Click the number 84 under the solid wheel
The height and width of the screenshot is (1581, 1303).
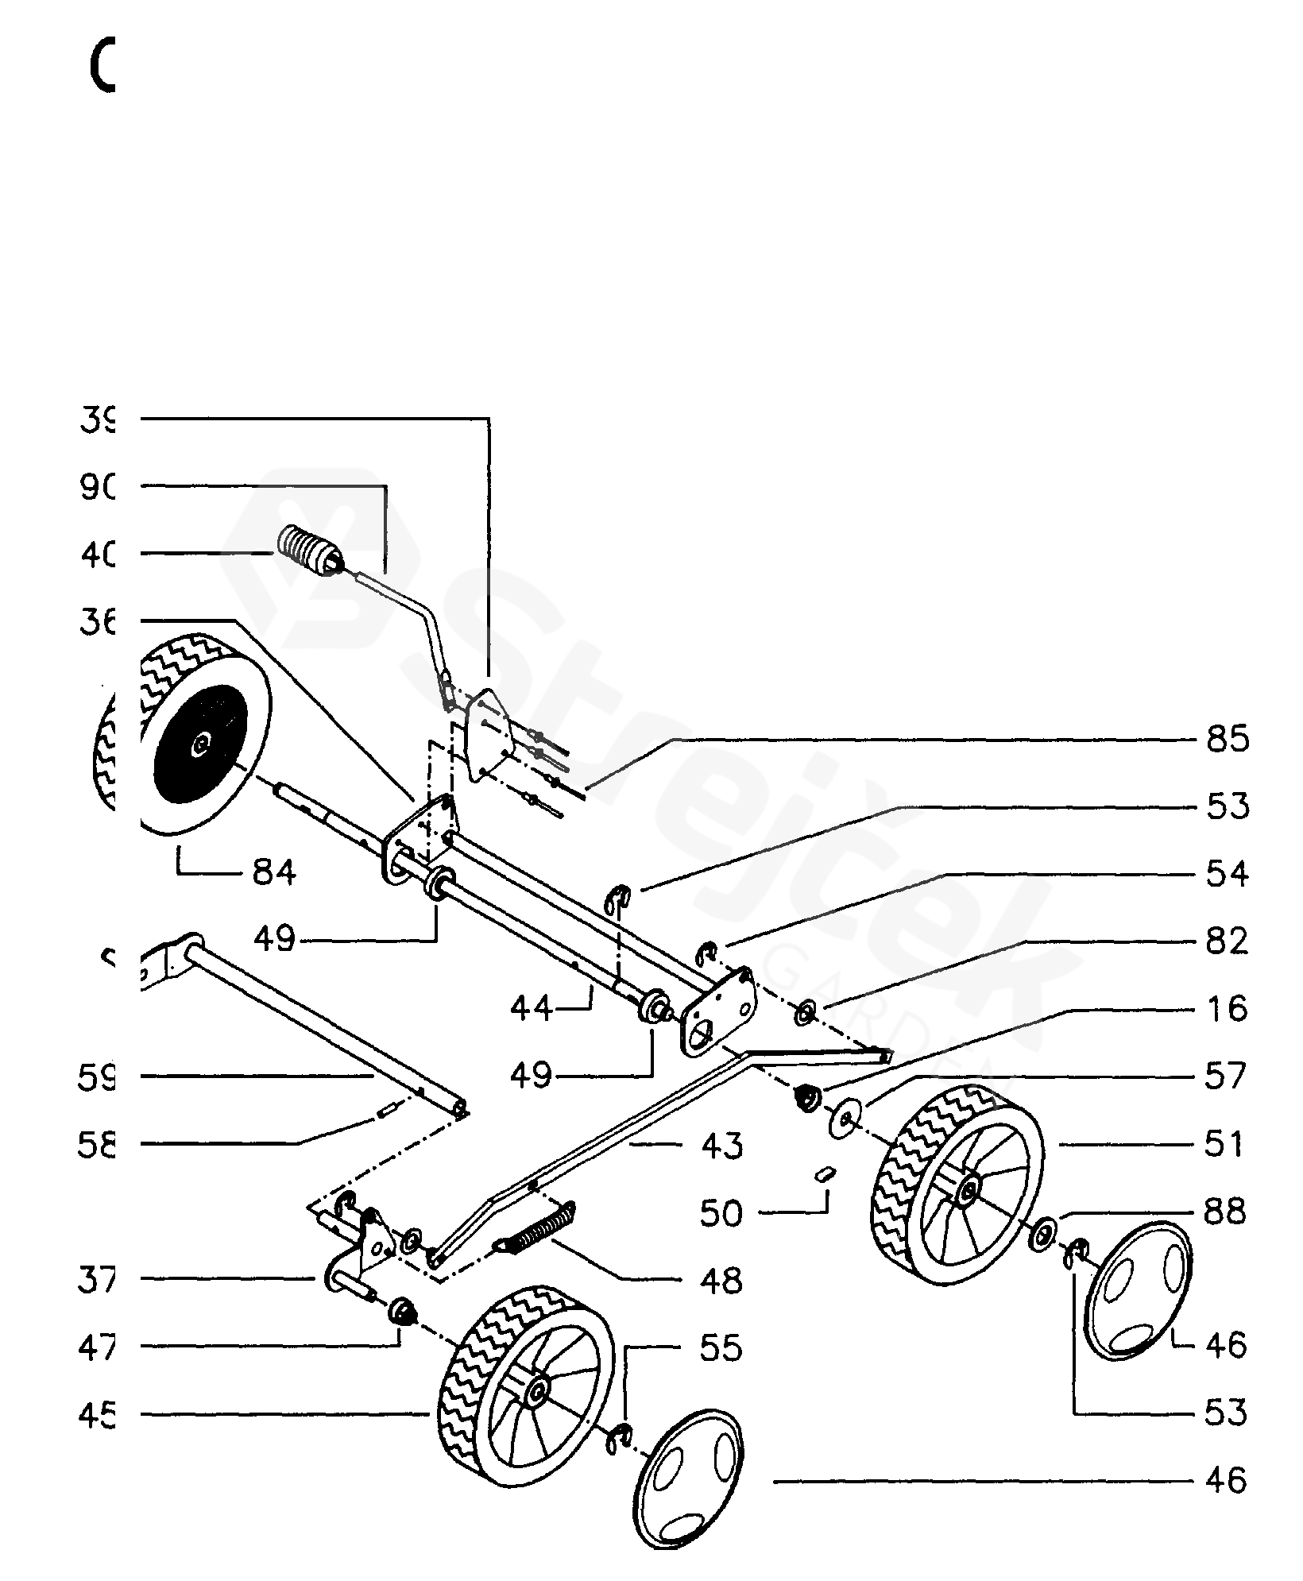274,873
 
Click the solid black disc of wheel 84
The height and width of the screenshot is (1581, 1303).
202,744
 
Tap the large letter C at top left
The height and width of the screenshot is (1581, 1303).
102,67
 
